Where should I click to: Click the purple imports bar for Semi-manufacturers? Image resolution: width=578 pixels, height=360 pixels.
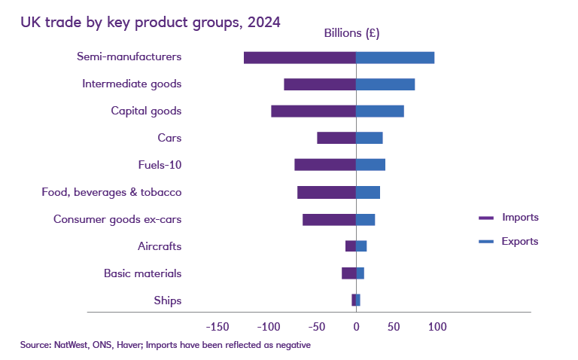300,57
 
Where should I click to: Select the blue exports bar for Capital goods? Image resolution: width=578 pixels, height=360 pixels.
380,111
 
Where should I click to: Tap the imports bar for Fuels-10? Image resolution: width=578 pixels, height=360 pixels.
325,165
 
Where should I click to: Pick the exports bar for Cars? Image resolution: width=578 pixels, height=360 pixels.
370,138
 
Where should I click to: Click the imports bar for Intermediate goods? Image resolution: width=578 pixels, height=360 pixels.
320,84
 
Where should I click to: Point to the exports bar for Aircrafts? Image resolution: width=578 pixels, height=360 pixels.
361,246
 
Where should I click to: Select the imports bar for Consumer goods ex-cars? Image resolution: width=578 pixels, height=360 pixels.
329,219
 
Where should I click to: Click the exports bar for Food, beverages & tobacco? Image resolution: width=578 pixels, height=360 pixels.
368,192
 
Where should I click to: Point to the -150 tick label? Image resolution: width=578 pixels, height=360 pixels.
218,327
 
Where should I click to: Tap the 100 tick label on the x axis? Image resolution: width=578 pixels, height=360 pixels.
437,327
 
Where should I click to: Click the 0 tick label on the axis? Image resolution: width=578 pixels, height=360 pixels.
356,327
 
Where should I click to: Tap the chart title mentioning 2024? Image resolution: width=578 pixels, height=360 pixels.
151,22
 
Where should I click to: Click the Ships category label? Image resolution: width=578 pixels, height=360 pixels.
167,301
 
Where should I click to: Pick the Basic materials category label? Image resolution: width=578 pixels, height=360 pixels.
142,273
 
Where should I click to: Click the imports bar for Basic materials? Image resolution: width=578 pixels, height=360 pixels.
348,273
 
